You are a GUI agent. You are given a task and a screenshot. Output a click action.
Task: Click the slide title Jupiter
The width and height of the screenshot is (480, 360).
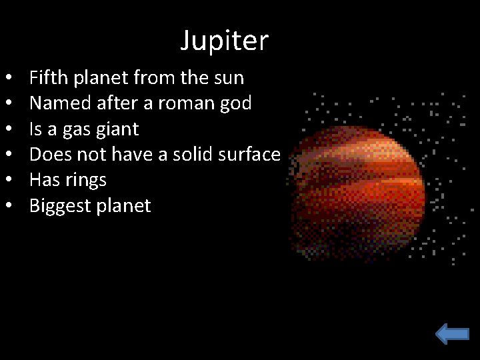pyautogui.click(x=224, y=41)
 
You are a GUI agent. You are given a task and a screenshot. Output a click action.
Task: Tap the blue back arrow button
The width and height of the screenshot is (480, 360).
pyautogui.click(x=453, y=333)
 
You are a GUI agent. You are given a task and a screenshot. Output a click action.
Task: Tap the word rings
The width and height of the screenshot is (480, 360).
pyautogui.click(x=85, y=181)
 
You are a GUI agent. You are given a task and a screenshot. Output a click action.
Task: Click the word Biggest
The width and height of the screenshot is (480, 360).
pyautogui.click(x=61, y=206)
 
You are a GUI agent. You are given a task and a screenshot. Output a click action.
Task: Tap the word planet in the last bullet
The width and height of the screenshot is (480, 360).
pyautogui.click(x=125, y=206)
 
